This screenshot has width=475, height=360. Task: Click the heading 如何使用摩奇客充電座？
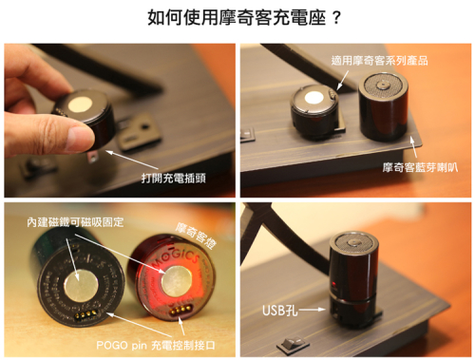pyautogui.click(x=244, y=17)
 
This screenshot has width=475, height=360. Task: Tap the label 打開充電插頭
pyautogui.click(x=174, y=178)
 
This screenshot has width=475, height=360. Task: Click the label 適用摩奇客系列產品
pyautogui.click(x=379, y=61)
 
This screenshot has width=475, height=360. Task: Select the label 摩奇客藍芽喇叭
pyautogui.click(x=420, y=167)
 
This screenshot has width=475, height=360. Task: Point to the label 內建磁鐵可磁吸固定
pyautogui.click(x=75, y=222)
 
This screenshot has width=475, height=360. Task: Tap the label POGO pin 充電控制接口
pyautogui.click(x=156, y=345)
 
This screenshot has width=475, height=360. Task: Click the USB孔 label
pyautogui.click(x=280, y=311)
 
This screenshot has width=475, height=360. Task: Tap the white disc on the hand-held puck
pyautogui.click(x=81, y=104)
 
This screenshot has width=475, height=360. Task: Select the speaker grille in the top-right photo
pyautogui.click(x=383, y=85)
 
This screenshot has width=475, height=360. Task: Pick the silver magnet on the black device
pyautogui.click(x=81, y=286)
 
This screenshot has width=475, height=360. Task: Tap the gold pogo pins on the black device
pyautogui.click(x=85, y=314)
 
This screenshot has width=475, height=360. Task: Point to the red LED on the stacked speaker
pyautogui.click(x=333, y=284)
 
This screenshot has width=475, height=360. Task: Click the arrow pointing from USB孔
pyautogui.click(x=313, y=310)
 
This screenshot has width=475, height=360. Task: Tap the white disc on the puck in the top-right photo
pyautogui.click(x=313, y=98)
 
